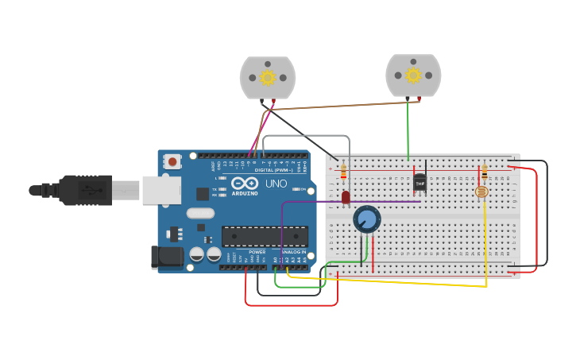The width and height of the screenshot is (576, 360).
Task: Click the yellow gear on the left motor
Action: point(268,77)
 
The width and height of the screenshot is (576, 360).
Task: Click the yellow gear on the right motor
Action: point(413,75)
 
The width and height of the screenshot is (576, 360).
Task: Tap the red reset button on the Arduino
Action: point(172,162)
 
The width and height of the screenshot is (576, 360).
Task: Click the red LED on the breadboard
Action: point(346,196)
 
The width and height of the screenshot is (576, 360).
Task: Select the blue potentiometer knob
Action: point(367,219)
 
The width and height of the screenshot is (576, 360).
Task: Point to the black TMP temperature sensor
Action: point(420,183)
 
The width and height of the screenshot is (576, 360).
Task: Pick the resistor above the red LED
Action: point(343,171)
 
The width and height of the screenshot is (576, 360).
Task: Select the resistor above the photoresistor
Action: point(485,172)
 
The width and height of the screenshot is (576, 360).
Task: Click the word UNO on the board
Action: point(276,184)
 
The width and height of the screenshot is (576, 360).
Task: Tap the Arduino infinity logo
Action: point(245,184)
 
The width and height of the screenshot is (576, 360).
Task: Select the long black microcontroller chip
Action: point(265,236)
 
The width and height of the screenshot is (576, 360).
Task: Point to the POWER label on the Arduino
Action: point(257,252)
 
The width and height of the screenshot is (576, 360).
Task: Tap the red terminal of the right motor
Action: point(419,99)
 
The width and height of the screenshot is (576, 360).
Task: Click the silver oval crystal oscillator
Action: point(201,213)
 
